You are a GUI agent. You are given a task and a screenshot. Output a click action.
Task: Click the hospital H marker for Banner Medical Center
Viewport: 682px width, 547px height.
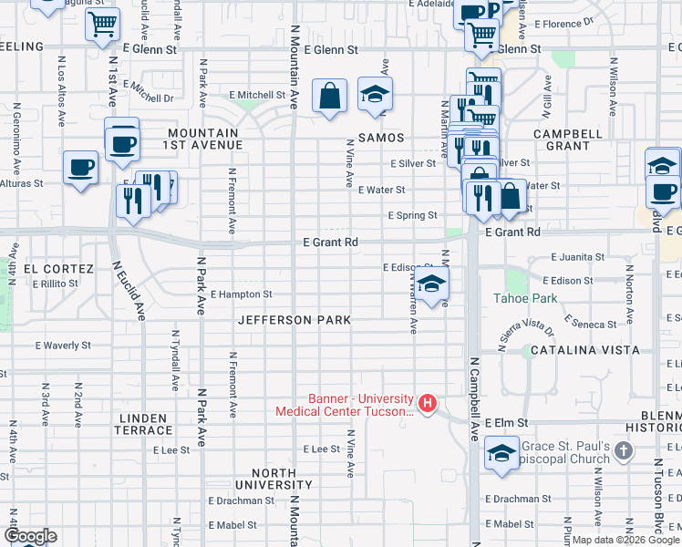click(427, 402)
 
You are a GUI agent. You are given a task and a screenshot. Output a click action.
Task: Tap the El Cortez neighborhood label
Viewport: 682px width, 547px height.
click(58, 269)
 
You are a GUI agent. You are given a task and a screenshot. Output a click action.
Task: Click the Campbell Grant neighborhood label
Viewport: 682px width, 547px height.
click(568, 139)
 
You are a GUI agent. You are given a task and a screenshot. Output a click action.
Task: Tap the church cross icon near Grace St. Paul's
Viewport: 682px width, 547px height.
click(624, 450)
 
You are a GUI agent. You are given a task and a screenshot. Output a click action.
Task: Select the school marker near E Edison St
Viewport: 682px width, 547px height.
click(432, 283)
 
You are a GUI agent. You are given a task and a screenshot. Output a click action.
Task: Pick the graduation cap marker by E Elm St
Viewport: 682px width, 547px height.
click(501, 453)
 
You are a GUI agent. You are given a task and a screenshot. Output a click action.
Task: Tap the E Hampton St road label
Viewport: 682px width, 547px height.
click(242, 294)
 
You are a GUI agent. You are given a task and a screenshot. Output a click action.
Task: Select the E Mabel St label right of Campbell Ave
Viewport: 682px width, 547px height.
click(510, 524)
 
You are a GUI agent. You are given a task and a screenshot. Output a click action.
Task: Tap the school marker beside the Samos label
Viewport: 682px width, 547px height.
click(374, 95)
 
